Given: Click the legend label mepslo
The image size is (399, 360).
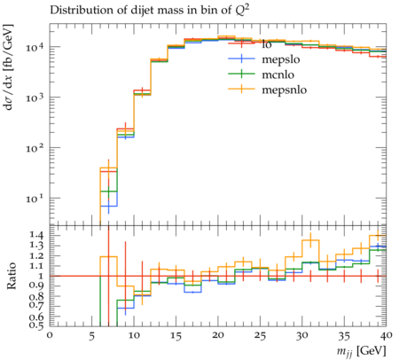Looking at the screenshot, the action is tap(281, 59).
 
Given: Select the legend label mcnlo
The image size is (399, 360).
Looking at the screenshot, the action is tap(278, 74).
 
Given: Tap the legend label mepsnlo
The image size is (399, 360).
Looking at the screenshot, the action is tap(285, 90).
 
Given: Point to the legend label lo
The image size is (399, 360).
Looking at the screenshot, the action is tap(267, 44).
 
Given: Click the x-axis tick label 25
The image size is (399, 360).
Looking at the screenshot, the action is tap(260, 335).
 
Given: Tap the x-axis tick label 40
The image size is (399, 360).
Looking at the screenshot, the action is tap(386, 335).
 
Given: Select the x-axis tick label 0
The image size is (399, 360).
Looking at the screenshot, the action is tap(50, 335).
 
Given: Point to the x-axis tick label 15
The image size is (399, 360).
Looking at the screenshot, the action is tap(176, 335).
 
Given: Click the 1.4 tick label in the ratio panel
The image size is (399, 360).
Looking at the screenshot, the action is tap(35, 235).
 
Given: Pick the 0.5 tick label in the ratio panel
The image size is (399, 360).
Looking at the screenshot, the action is tap(35, 325).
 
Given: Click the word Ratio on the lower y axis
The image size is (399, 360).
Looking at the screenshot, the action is tap(12, 276).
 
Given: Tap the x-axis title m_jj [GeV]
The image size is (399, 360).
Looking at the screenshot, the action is tap(361, 351).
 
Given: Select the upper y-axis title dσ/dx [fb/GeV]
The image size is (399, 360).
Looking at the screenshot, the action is tap(9, 67).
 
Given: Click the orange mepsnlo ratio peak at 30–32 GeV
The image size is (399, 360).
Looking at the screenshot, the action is tap(310, 240).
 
